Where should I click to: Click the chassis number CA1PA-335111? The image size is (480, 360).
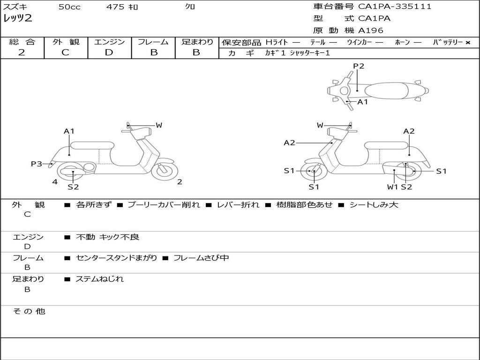pos(395,7)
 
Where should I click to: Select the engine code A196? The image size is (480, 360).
pos(371,30)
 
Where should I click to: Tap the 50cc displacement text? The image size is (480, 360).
pos(69,7)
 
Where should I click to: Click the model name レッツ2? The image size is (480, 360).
pos(18,19)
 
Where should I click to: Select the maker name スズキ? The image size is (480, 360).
pos(15,7)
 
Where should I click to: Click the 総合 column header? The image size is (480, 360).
pos(22,42)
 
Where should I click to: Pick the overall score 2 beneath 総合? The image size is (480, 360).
pos(22,52)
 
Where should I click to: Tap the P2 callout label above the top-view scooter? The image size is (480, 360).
pos(359,66)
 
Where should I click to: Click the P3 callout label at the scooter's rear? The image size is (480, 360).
pos(37,164)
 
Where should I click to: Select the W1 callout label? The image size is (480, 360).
pos(392,187)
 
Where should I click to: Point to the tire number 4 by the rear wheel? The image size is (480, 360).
pos(55,182)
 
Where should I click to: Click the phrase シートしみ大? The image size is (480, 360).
pos(374,205)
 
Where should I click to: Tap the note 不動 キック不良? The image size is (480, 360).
pos(107,237)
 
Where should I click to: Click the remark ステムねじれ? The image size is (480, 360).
pos(99,279)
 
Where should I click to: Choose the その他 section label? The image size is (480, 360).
pos(29,311)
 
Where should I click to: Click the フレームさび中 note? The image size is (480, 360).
pos(201,258)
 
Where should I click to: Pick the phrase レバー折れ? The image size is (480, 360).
pos(238,205)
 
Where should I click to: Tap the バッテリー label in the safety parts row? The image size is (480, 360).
pos(448,42)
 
